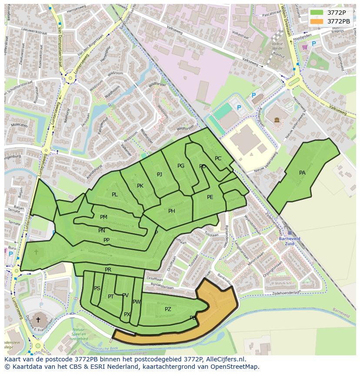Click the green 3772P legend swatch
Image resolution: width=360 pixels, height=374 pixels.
click(317, 13)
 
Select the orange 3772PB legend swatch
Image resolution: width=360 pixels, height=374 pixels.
click(317, 21)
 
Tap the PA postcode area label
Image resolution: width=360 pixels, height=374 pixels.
click(302, 173)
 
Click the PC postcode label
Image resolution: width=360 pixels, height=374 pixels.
click(218, 159)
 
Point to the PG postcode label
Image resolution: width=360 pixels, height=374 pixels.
click(181, 166)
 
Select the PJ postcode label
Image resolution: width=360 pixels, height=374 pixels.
click(160, 175)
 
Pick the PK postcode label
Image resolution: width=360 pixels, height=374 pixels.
click(140, 186)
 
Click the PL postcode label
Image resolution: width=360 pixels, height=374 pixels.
click(115, 195)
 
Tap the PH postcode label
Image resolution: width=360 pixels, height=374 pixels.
click(172, 211)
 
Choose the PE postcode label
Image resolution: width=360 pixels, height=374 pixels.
click(210, 197)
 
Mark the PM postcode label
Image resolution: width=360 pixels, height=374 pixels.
click(103, 217)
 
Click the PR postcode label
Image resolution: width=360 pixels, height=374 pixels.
click(108, 270)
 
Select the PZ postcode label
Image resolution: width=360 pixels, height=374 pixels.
click(168, 309)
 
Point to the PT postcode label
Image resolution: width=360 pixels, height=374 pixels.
click(111, 297)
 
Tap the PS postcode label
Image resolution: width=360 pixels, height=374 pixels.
click(97, 288)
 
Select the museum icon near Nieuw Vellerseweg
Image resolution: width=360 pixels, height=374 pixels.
click(277, 119)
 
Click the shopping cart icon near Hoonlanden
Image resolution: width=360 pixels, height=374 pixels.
click(305, 47)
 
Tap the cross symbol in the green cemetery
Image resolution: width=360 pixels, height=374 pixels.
click(36, 252)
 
